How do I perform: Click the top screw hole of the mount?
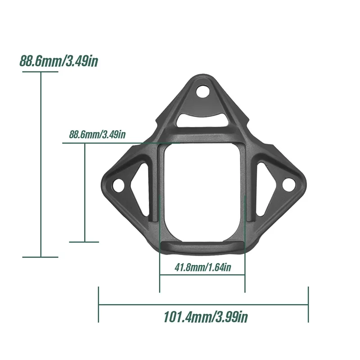203,91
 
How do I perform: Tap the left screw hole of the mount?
118,185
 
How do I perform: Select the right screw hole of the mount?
288,184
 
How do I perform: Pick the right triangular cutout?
265,189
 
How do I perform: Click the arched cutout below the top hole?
203,120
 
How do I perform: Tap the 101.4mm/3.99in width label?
206,317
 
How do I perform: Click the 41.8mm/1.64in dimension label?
203,267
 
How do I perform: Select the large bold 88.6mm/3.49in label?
59,61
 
